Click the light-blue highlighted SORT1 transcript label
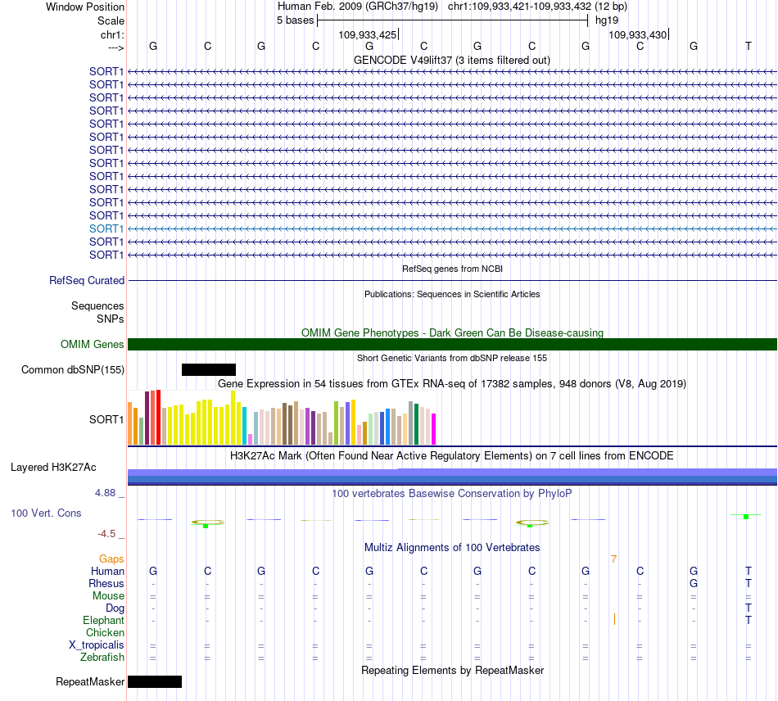coord(106,228)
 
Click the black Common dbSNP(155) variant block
coord(209,369)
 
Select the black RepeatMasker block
coord(155,681)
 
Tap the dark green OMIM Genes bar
coord(452,344)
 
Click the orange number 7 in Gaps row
coord(613,559)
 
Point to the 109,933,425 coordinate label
coord(368,34)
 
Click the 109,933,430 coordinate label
coord(638,34)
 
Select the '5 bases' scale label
coord(295,20)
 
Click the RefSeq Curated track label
coord(87,280)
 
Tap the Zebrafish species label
coord(102,658)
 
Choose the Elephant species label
coord(104,621)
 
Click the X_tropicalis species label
coord(97,645)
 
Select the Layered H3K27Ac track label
coord(53,468)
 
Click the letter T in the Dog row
coord(749,608)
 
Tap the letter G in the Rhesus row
coord(694,583)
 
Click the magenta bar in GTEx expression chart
coord(434,428)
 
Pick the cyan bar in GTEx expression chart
coord(245,426)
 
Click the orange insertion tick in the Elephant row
coord(614,619)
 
